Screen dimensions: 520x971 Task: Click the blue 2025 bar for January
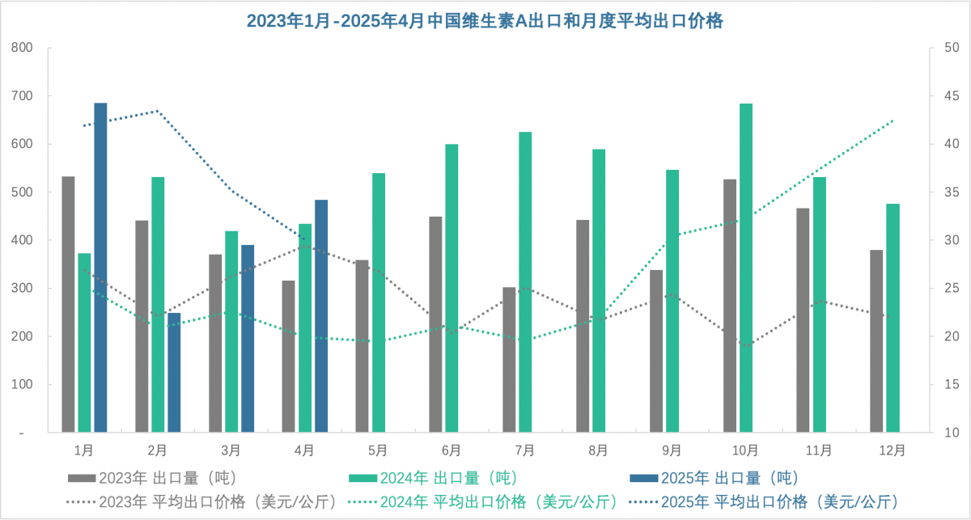click(x=100, y=267)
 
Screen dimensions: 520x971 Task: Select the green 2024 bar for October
click(x=745, y=267)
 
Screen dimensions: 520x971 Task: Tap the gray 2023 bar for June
click(x=435, y=323)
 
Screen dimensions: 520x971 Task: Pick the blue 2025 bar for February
click(x=174, y=372)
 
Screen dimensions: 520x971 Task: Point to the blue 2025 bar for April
click(x=321, y=315)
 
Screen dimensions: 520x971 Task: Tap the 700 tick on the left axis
click(x=23, y=96)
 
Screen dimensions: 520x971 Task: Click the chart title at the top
click(x=485, y=22)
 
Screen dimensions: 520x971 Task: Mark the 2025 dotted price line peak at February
click(x=158, y=111)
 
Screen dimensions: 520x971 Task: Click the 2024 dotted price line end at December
click(x=893, y=120)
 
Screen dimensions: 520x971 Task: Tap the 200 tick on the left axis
click(x=23, y=336)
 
